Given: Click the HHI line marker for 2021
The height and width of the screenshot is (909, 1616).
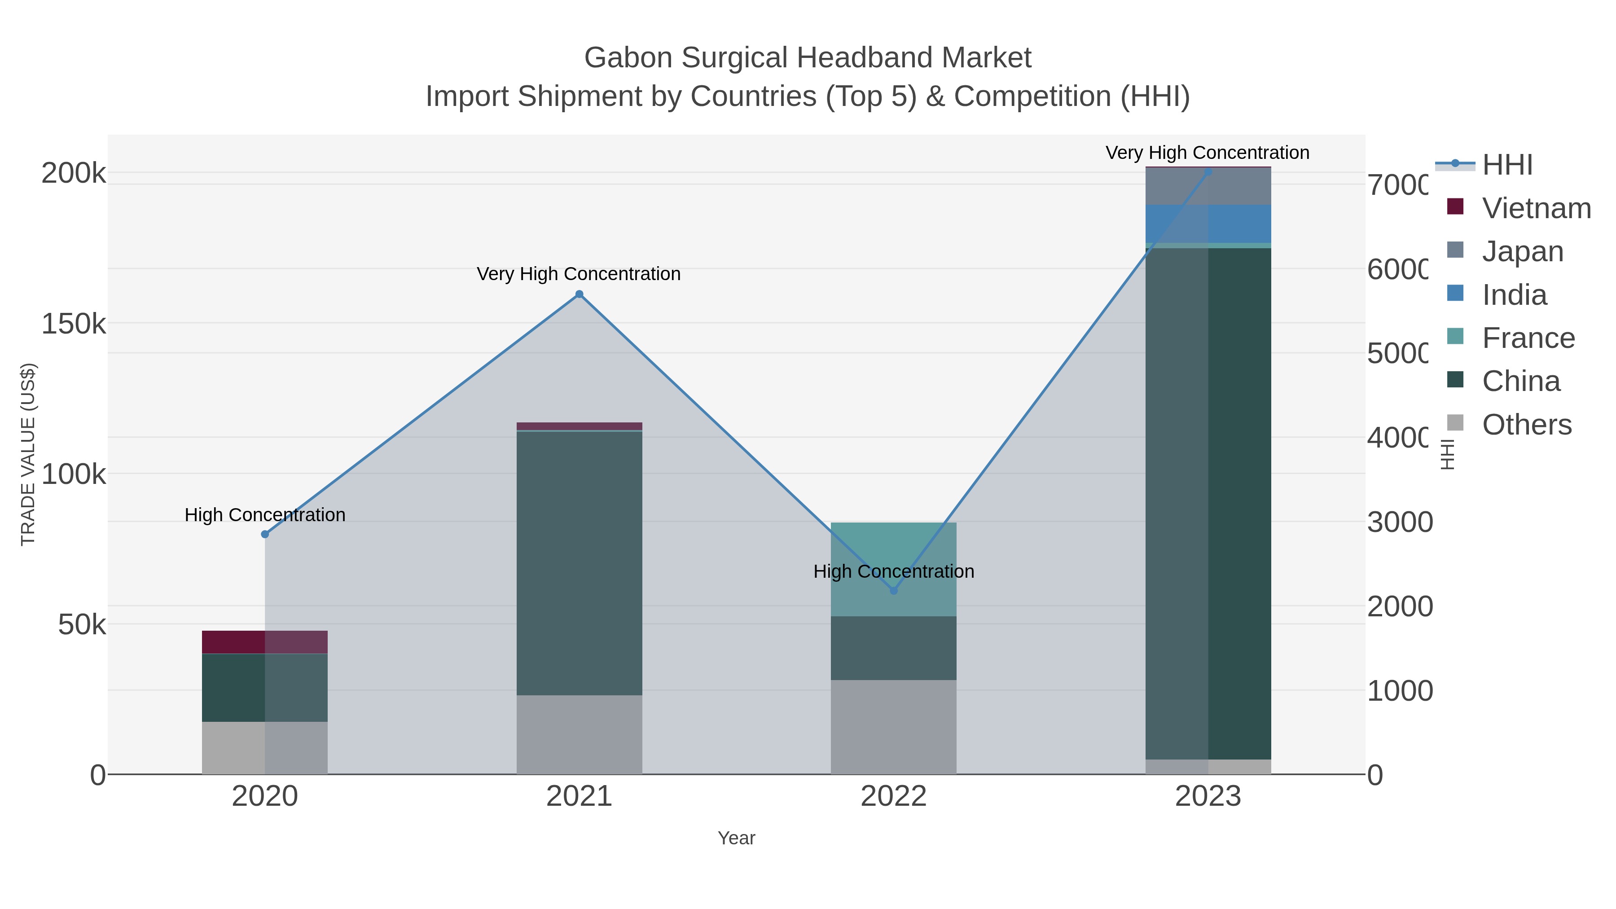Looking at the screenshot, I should [579, 294].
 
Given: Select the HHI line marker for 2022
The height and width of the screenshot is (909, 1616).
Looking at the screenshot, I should [893, 590].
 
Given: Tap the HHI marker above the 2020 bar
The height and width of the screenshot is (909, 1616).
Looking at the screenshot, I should [265, 534].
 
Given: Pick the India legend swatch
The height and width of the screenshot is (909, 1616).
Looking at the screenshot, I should [1455, 294].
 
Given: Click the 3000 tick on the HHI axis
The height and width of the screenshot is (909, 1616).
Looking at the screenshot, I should [1399, 522].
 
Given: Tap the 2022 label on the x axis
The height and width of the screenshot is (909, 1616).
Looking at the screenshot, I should [893, 797].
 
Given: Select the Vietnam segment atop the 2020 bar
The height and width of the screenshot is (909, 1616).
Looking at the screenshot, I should [265, 642].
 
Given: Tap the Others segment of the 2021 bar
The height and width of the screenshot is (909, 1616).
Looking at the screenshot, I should [579, 734].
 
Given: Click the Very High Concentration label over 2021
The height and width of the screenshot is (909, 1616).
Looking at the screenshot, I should [579, 274].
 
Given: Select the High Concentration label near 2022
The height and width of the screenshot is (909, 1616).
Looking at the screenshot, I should [893, 571].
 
